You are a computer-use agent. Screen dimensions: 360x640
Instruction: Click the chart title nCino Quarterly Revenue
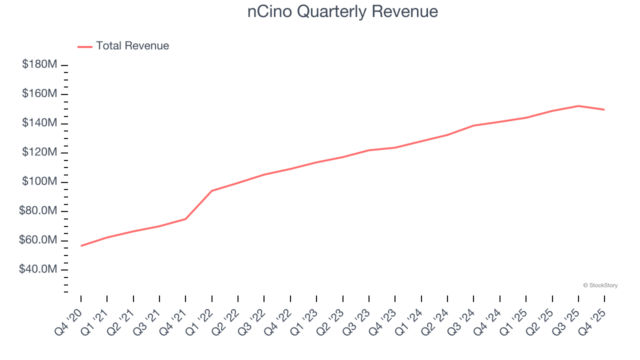pyautogui.click(x=342, y=11)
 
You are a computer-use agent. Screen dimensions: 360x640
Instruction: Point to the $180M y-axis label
pyautogui.click(x=39, y=64)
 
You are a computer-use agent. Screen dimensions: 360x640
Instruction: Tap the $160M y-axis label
pyautogui.click(x=39, y=94)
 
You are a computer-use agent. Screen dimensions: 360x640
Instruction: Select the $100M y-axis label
pyautogui.click(x=39, y=181)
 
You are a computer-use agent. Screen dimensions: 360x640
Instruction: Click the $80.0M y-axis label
pyautogui.click(x=38, y=211)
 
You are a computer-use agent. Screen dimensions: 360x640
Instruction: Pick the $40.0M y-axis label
pyautogui.click(x=38, y=269)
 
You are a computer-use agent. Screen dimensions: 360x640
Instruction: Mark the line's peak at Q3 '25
pyautogui.click(x=578, y=106)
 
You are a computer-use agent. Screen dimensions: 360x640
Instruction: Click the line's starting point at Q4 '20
pyautogui.click(x=81, y=245)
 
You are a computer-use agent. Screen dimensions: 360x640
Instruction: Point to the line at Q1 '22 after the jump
pyautogui.click(x=212, y=191)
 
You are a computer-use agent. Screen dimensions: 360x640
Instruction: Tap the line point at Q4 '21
pyautogui.click(x=185, y=219)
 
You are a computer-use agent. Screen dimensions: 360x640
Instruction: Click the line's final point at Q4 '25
pyautogui.click(x=604, y=109)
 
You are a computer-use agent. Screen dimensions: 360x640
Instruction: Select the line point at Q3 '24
pyautogui.click(x=473, y=125)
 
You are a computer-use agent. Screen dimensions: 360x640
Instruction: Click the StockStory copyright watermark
pyautogui.click(x=600, y=285)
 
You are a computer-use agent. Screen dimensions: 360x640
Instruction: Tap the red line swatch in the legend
pyautogui.click(x=85, y=46)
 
